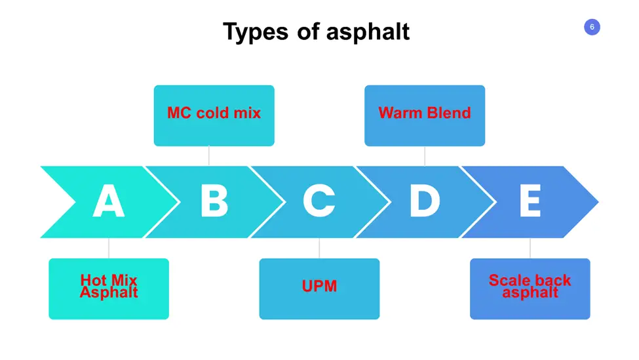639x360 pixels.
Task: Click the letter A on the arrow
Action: point(108,201)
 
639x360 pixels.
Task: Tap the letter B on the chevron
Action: point(214,201)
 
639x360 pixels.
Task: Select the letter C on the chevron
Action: point(319,201)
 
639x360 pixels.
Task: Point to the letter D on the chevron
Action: point(425,201)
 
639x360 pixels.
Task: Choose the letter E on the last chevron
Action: point(530,201)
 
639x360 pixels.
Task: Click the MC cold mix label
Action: point(214,113)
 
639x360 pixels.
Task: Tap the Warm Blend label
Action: point(425,113)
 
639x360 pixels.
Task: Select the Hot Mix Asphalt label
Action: point(109,286)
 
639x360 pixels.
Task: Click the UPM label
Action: point(320,286)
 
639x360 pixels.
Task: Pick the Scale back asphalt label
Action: point(530,286)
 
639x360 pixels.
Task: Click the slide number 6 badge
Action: point(592,28)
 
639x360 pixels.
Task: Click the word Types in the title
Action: point(256,31)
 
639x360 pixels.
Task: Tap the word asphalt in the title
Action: point(368,31)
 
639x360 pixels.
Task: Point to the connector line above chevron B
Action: point(209,156)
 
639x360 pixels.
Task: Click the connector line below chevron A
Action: point(109,248)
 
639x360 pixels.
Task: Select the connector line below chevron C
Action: point(320,248)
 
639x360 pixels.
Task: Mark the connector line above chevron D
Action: point(425,156)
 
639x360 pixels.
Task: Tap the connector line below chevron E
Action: point(530,248)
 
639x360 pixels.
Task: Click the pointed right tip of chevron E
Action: point(598,202)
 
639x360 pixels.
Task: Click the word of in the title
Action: point(307,31)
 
